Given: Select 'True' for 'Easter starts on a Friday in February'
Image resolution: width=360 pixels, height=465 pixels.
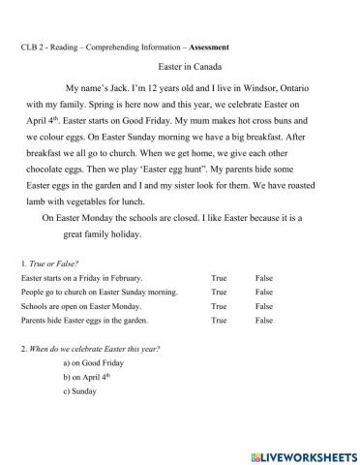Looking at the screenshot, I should point(219,278).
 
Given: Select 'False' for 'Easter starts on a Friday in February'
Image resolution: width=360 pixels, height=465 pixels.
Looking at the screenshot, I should point(264,278).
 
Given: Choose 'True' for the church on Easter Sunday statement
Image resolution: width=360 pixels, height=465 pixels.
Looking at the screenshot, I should point(219,292).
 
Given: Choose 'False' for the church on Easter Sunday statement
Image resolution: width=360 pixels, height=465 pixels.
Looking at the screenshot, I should point(264,292).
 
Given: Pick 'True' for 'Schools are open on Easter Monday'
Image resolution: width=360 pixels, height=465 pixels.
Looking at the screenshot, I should point(219,305).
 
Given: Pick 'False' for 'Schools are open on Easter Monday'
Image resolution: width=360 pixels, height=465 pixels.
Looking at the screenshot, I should point(264,305).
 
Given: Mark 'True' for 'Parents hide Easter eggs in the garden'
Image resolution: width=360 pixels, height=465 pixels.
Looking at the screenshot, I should point(219,319).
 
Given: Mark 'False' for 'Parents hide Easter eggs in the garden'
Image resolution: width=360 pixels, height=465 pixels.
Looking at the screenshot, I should point(264,319).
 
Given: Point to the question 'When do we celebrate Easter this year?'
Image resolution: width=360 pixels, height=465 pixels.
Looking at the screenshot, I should point(93,347).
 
